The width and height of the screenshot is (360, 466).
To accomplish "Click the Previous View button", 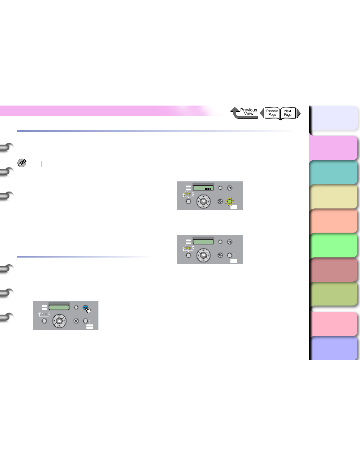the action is click(244, 113).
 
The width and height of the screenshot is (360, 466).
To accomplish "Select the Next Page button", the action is click(288, 113).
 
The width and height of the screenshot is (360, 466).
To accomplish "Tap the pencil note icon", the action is click(22, 163).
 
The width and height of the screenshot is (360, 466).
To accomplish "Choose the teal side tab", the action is click(333, 172).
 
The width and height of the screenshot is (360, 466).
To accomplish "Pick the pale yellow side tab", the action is click(333, 196).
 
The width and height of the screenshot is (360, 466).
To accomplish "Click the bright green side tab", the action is click(333, 245).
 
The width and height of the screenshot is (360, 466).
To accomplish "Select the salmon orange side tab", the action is click(333, 221).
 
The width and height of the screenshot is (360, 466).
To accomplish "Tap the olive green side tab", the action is click(333, 294).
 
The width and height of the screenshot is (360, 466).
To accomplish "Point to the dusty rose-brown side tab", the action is click(333, 270).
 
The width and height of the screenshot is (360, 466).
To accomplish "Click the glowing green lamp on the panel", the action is click(230, 201).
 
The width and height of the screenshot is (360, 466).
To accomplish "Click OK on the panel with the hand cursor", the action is click(59, 321).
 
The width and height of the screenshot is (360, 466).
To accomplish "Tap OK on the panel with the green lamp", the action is click(203, 201).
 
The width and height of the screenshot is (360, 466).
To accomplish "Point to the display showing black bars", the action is click(203, 188).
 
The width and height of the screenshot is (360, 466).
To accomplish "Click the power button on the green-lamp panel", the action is click(230, 188).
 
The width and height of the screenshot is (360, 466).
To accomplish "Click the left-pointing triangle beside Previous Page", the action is click(262, 113).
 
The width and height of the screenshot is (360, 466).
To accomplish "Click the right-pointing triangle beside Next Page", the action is click(299, 113).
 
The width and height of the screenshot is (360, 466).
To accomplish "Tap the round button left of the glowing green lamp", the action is click(220, 201).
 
